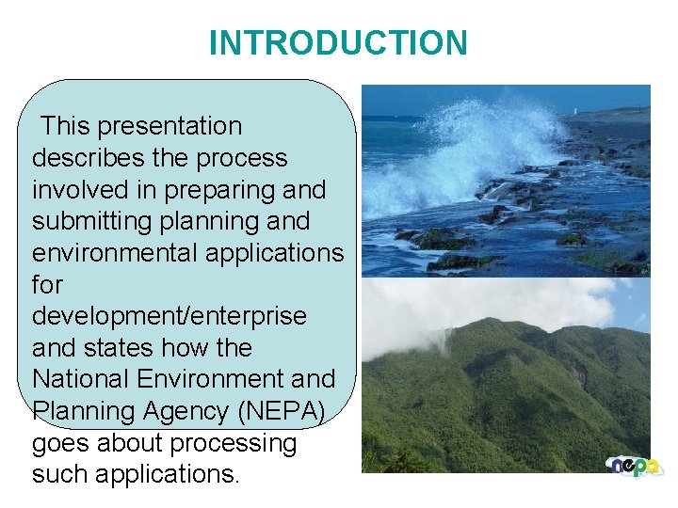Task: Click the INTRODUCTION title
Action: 338,43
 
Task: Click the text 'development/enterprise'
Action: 169,316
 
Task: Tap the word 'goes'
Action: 62,443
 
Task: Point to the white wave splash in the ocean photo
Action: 490,141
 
